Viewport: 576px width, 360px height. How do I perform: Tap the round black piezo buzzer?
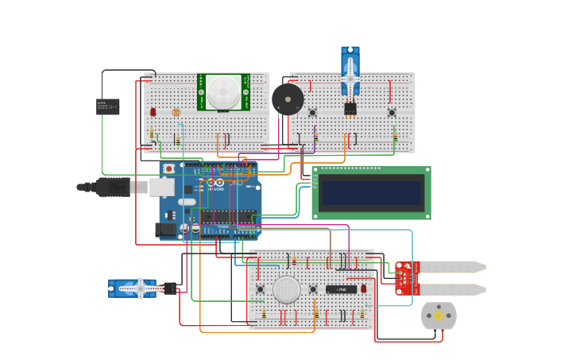[287, 99]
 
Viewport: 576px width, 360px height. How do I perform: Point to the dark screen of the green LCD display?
[372, 192]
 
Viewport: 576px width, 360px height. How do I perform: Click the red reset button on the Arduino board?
[168, 168]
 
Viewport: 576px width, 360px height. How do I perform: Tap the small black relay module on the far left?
[107, 106]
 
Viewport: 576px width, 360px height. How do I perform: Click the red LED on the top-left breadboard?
[153, 112]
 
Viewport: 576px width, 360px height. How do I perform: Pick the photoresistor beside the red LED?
[176, 113]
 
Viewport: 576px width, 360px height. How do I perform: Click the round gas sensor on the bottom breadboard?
[287, 289]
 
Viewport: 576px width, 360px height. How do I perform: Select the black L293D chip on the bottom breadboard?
[341, 289]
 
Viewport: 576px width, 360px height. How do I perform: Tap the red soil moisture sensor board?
[407, 278]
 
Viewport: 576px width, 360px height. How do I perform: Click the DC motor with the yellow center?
[439, 315]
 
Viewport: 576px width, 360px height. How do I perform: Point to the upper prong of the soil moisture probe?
[452, 267]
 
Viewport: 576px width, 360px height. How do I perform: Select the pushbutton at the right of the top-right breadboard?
[392, 113]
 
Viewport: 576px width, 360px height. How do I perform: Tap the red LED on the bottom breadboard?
[363, 288]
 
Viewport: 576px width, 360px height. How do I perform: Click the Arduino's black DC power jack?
[165, 230]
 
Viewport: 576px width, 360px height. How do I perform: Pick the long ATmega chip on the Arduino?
[228, 216]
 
